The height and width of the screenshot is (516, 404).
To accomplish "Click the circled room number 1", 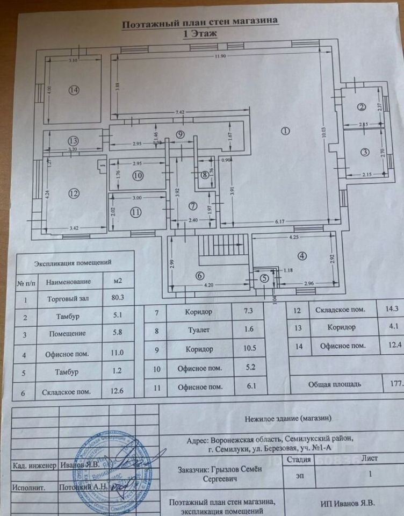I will (x=285, y=131).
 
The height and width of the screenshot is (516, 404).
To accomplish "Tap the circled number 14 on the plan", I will (x=74, y=90).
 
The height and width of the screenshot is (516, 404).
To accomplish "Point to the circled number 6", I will (x=200, y=276).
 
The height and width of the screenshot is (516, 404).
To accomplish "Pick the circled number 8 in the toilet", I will (x=205, y=174).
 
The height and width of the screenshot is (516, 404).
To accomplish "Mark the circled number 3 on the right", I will (x=365, y=152).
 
